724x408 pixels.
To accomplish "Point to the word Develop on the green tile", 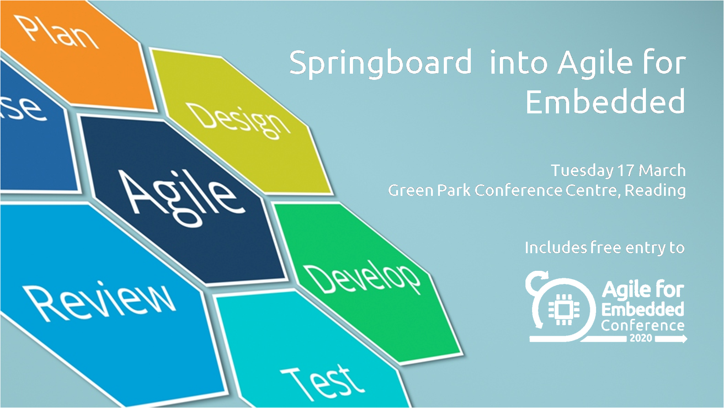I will [x=363, y=279].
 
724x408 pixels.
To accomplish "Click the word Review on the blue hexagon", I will [x=101, y=301].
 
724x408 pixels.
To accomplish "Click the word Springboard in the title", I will [x=381, y=63].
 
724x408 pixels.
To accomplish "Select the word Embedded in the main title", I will [x=605, y=102].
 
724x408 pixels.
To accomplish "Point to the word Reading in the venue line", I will [x=655, y=191].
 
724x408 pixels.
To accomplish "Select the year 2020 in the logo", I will [x=641, y=338].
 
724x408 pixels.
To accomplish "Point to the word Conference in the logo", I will [x=642, y=326].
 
